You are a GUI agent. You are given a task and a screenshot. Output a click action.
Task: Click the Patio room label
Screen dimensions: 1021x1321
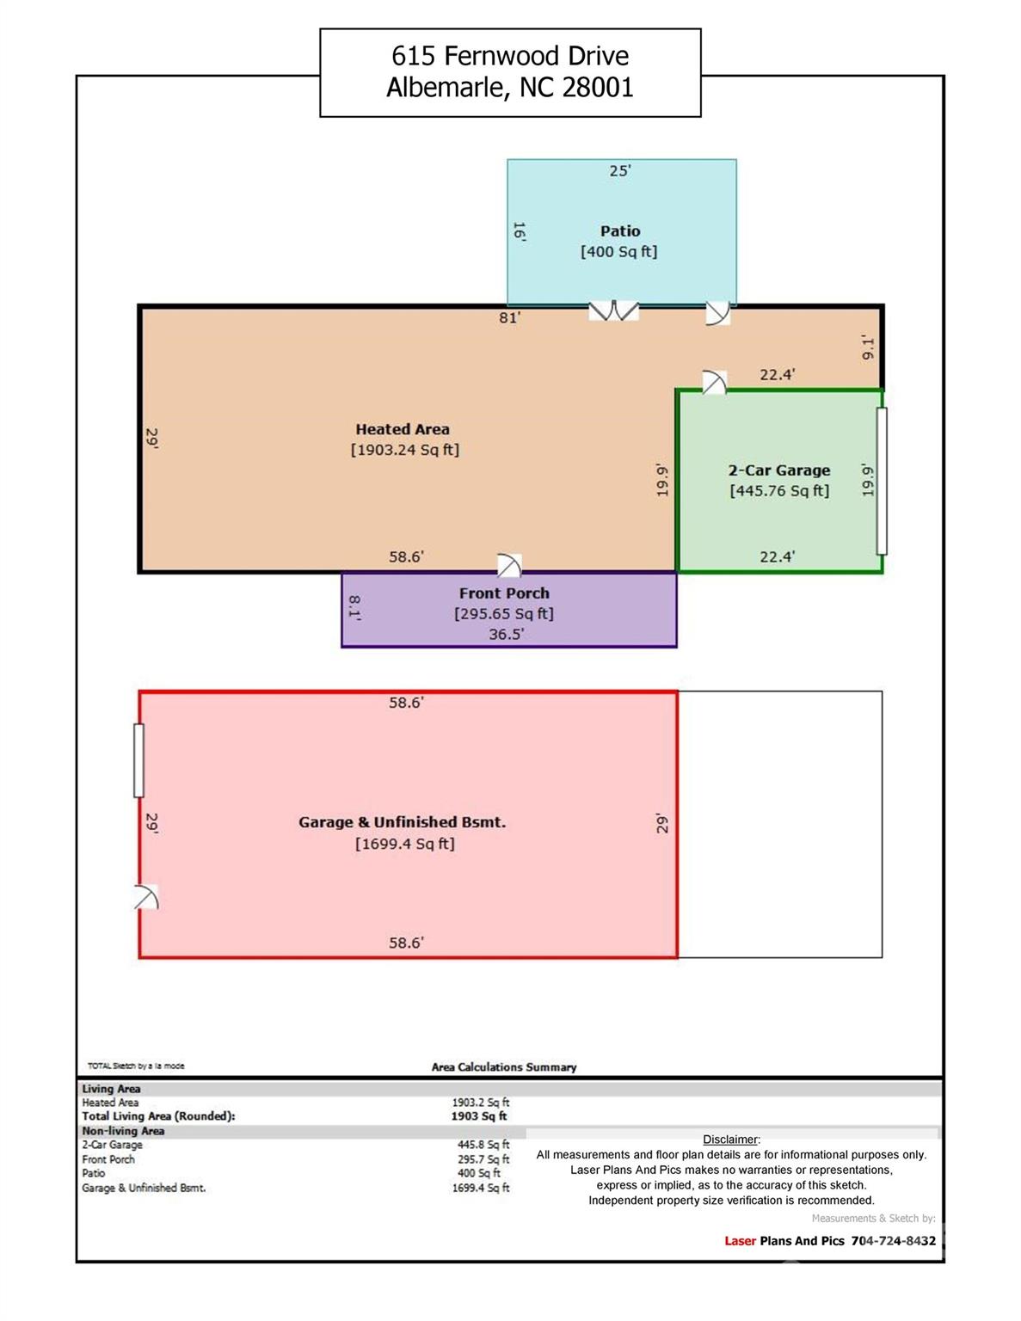coord(620,231)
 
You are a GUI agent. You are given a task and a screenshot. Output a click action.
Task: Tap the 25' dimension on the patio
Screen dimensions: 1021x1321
coord(620,171)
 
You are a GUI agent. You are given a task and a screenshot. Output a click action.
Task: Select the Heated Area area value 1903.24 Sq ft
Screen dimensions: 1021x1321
coord(405,450)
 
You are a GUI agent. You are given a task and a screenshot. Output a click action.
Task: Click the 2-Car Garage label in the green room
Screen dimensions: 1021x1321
coord(779,470)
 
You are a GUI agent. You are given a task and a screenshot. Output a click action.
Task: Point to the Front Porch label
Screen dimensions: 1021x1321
coord(504,593)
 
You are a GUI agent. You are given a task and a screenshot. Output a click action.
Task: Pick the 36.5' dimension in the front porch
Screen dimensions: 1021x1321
coord(507,634)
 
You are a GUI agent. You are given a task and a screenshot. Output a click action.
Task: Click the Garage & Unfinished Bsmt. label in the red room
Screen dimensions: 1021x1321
coord(402,822)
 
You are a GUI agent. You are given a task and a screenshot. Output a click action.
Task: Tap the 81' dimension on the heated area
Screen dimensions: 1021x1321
coord(510,317)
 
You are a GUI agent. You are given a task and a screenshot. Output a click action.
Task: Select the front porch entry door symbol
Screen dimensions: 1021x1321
coord(509,565)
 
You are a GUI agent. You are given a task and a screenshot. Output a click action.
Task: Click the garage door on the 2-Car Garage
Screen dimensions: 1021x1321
coord(882,481)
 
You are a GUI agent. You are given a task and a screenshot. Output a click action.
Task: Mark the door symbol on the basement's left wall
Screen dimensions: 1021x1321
coord(146,897)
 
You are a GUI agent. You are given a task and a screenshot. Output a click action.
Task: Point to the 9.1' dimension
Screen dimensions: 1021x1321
coord(868,347)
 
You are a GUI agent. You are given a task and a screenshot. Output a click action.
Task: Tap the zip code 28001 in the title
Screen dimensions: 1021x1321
coord(598,87)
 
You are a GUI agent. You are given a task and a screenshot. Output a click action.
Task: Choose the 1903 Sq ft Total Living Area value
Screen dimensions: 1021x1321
coord(479,1116)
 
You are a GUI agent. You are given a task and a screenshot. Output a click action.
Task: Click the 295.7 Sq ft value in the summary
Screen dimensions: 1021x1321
coord(483,1159)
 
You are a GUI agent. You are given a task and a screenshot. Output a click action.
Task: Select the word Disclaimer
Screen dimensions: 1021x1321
coord(731,1140)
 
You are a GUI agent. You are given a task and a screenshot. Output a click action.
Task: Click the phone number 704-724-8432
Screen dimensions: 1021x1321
coord(894,1241)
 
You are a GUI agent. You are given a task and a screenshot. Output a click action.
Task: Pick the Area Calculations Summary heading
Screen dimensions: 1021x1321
coord(504,1067)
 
